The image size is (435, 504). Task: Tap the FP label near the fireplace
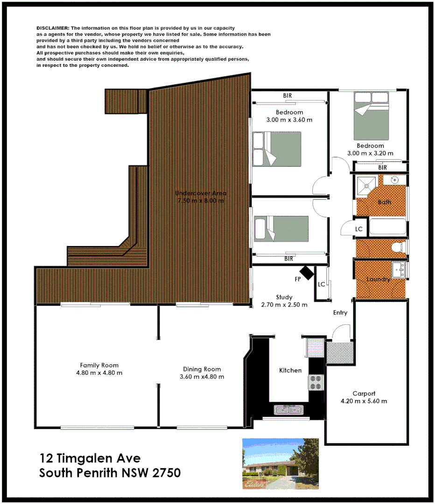(297, 280)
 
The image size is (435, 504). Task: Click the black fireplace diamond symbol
(307, 273)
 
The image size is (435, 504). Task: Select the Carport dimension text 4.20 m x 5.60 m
(364, 401)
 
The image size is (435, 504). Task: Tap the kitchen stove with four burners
(316, 382)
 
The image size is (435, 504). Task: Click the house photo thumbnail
(280, 464)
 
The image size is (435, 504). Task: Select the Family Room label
(99, 365)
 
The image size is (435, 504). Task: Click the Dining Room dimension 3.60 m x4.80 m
(202, 377)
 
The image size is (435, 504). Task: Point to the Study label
(284, 297)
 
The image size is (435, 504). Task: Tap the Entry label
(340, 313)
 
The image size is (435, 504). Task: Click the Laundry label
(378, 280)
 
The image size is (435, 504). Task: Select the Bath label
(385, 202)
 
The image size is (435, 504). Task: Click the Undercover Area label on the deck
(201, 193)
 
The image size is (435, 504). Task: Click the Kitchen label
(290, 370)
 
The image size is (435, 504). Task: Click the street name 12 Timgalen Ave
(90, 458)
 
